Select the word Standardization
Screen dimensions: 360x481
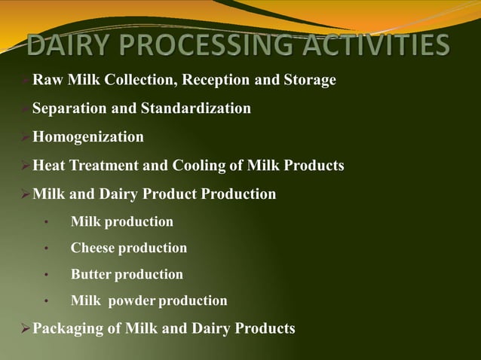pyautogui.click(x=196, y=108)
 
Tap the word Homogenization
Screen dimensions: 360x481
pyautogui.click(x=87, y=137)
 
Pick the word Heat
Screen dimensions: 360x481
pyautogui.click(x=50, y=166)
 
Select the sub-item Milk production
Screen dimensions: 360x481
pyautogui.click(x=121, y=221)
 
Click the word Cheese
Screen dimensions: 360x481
pyautogui.click(x=93, y=248)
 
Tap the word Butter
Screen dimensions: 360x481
pyautogui.click(x=91, y=274)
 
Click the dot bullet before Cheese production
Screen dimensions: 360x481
pyautogui.click(x=47, y=249)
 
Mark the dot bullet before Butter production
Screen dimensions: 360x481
pyautogui.click(x=47, y=275)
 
